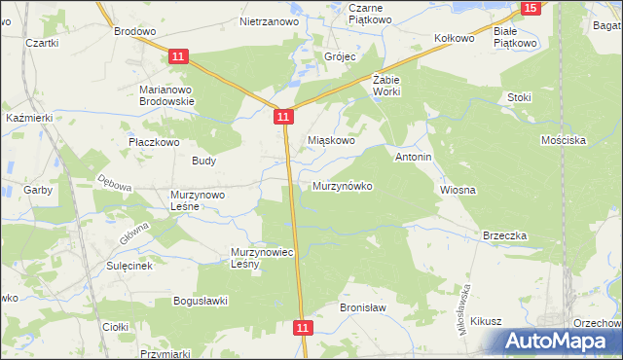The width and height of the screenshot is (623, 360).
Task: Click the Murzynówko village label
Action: pos(342,185)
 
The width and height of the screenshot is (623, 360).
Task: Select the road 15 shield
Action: pos(530,8)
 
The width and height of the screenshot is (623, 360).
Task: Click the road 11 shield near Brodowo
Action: pos(177,57)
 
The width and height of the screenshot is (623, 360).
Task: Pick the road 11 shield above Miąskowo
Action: pos(282,117)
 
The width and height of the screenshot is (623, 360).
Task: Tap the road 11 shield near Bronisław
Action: pos(303,329)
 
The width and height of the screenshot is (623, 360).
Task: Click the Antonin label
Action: pos(413,156)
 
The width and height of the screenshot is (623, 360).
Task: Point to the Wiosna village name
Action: pos(458,190)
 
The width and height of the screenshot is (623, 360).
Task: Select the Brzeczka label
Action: pos(504,235)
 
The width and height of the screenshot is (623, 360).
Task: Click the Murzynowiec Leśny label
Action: pos(262,258)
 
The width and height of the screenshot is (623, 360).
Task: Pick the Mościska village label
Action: pos(563,140)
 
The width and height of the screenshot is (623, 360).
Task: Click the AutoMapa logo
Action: pos(559,342)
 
